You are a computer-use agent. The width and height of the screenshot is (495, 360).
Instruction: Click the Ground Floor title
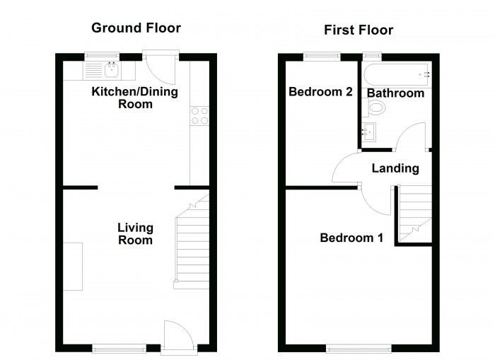[136, 28]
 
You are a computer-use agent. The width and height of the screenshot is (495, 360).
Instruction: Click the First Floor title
[359, 30]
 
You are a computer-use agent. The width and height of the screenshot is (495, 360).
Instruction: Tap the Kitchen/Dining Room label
[134, 98]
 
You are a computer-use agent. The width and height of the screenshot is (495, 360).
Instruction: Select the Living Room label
[134, 233]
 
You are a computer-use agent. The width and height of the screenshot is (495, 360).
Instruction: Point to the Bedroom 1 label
[351, 238]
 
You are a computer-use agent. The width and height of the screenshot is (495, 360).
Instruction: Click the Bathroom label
[395, 93]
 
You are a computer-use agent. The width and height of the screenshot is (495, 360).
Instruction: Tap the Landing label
[395, 168]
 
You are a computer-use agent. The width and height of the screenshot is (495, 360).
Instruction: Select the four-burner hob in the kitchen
[199, 115]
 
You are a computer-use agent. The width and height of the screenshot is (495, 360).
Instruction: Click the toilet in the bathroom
[376, 108]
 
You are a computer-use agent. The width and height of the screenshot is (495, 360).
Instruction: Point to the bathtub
[396, 73]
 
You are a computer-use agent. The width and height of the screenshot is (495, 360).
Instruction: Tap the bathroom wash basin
[368, 131]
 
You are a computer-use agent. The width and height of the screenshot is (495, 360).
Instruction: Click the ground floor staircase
[192, 244]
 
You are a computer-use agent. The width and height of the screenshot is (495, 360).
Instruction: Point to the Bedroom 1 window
[359, 347]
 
